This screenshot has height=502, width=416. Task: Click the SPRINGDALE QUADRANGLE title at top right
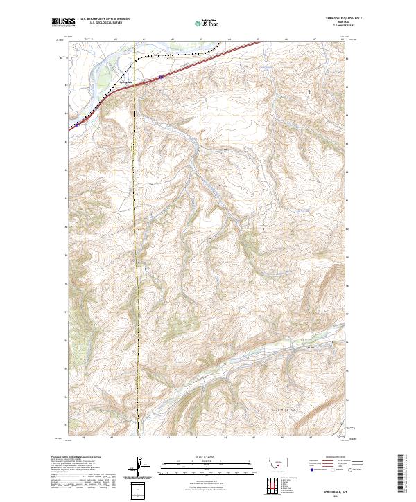coord(332,18)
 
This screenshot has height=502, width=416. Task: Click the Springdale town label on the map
coord(126,84)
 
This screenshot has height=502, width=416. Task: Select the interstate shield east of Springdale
coord(161,77)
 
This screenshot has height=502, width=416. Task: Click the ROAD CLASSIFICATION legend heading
coord(334,457)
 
